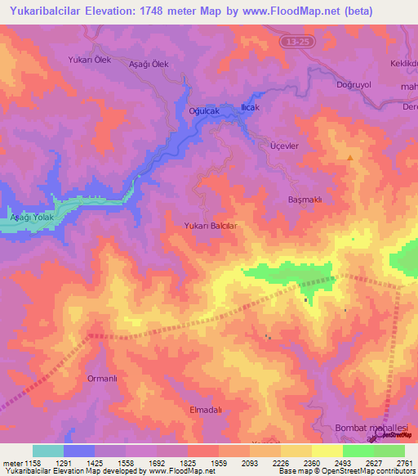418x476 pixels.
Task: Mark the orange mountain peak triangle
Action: coord(350,158)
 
